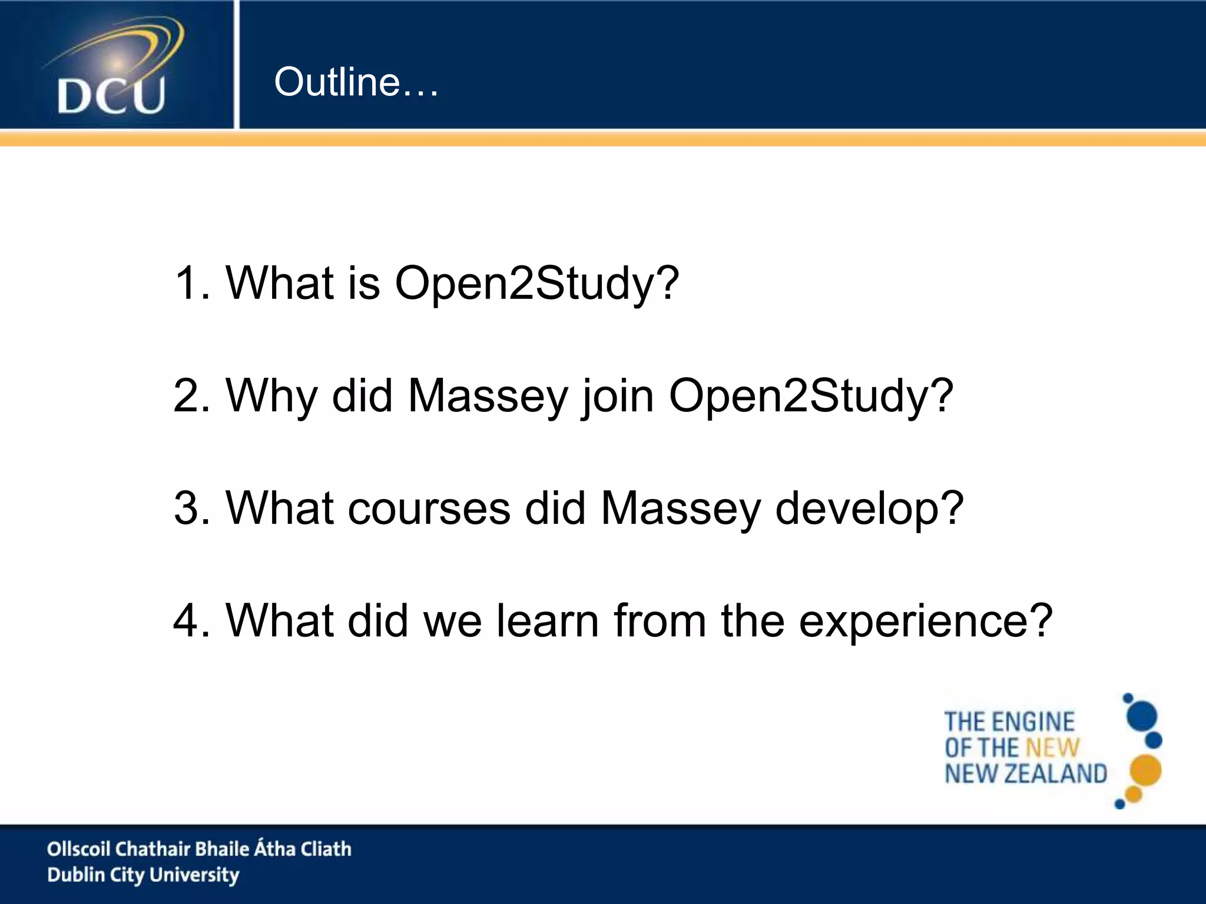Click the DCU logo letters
click(x=111, y=95)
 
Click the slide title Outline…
click(x=356, y=82)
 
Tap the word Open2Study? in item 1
click(x=536, y=283)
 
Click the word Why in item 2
click(x=271, y=396)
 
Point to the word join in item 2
click(x=618, y=396)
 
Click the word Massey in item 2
click(x=488, y=396)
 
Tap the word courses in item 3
click(x=429, y=508)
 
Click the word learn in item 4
click(x=547, y=621)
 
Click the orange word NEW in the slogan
click(x=1052, y=748)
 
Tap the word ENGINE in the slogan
click(x=1035, y=722)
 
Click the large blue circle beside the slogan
click(x=1141, y=716)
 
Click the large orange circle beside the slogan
click(x=1145, y=770)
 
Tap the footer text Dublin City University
click(x=143, y=875)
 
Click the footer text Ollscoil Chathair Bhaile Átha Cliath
click(x=199, y=849)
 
